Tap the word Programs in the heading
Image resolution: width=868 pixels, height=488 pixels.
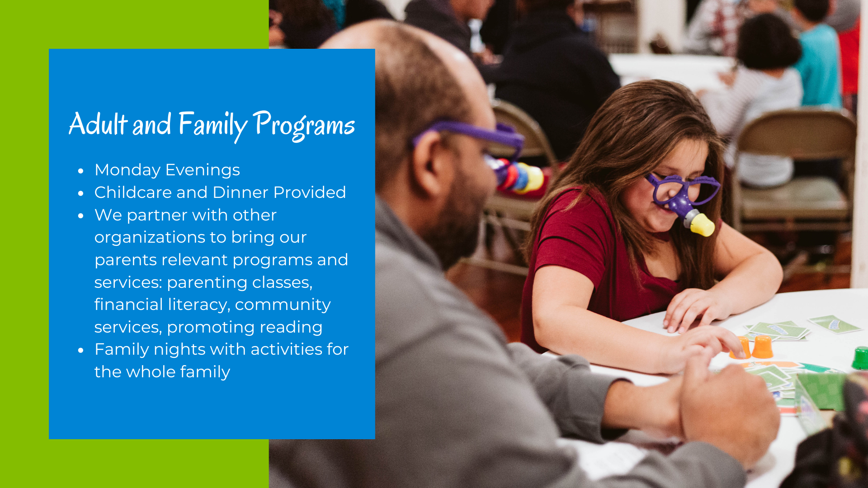pyautogui.click(x=304, y=125)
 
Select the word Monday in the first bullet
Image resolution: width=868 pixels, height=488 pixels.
pyautogui.click(x=127, y=170)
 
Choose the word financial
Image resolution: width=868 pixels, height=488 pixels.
pyautogui.click(x=128, y=305)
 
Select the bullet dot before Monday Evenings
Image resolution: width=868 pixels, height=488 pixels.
pyautogui.click(x=81, y=171)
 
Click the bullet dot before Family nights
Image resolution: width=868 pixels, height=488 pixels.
pyautogui.click(x=81, y=350)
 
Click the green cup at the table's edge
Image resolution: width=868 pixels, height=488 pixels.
pyautogui.click(x=860, y=358)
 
